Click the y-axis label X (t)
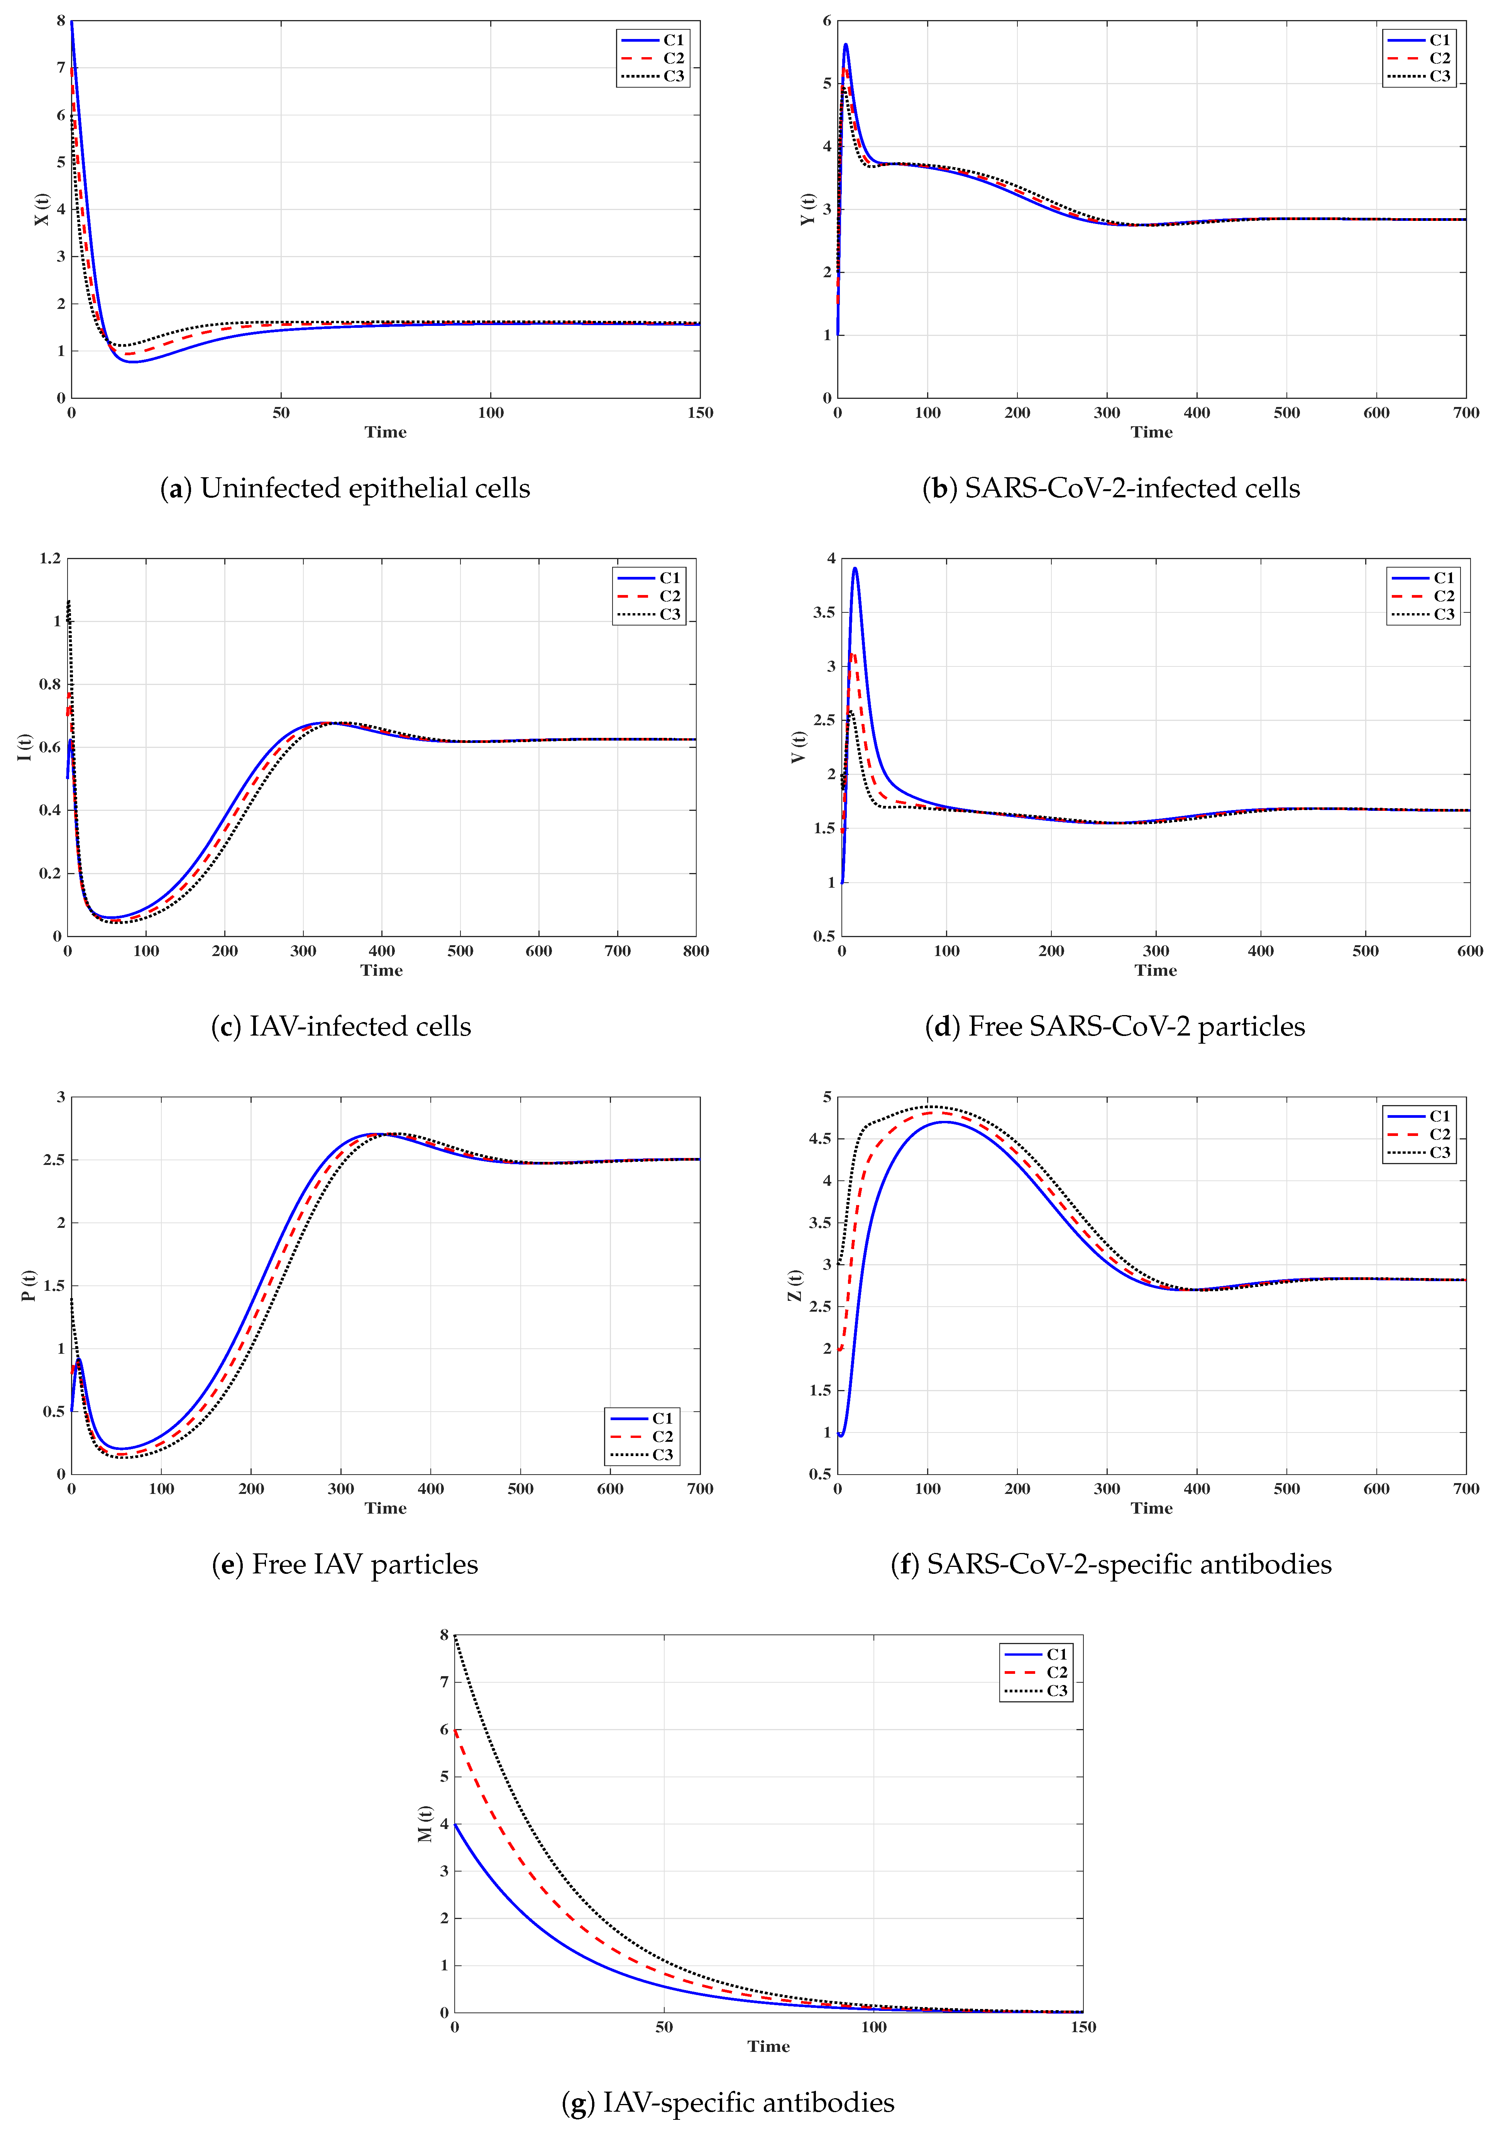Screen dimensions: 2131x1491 tap(41, 209)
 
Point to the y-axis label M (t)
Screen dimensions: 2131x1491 tap(424, 1824)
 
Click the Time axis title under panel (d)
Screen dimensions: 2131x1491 tap(1155, 970)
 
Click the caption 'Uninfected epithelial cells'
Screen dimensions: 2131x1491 tap(365, 488)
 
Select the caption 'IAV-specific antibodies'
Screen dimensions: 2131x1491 tap(748, 2102)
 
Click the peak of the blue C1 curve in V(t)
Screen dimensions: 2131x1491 tap(855, 568)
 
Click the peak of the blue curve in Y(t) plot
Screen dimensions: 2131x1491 tap(845, 44)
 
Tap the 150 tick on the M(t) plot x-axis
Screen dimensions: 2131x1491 tap(1083, 2027)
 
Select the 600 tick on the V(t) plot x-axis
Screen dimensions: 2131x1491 tap(1469, 950)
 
